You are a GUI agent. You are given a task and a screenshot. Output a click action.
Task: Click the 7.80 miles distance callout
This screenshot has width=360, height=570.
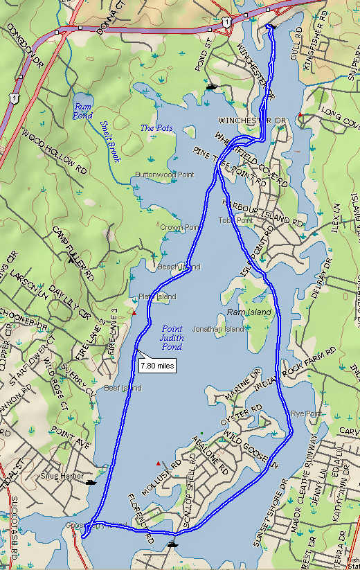157,364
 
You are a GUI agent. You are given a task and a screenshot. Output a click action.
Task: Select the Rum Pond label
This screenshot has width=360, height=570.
83,110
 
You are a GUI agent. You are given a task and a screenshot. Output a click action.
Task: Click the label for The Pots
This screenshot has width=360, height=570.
155,128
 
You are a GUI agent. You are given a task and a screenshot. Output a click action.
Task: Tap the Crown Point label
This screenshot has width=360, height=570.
180,227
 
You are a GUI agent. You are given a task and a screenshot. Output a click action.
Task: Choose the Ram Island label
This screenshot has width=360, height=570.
254,312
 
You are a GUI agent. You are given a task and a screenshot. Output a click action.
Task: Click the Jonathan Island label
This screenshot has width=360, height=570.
218,329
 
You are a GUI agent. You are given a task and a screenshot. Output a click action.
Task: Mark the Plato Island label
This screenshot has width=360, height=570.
157,296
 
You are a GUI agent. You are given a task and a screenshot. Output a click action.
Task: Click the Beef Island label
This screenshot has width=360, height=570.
122,389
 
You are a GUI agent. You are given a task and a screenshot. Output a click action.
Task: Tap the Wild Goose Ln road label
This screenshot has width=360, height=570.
249,449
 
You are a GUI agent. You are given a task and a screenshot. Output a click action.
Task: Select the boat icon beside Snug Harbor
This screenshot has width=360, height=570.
91,480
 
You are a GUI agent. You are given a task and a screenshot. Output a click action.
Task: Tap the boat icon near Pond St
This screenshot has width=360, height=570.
212,87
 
